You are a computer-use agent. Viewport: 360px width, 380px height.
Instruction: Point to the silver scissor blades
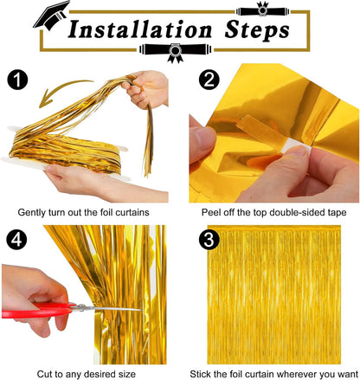(112, 308)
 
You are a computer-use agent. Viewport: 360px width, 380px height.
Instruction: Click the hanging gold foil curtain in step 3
(281, 303)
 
